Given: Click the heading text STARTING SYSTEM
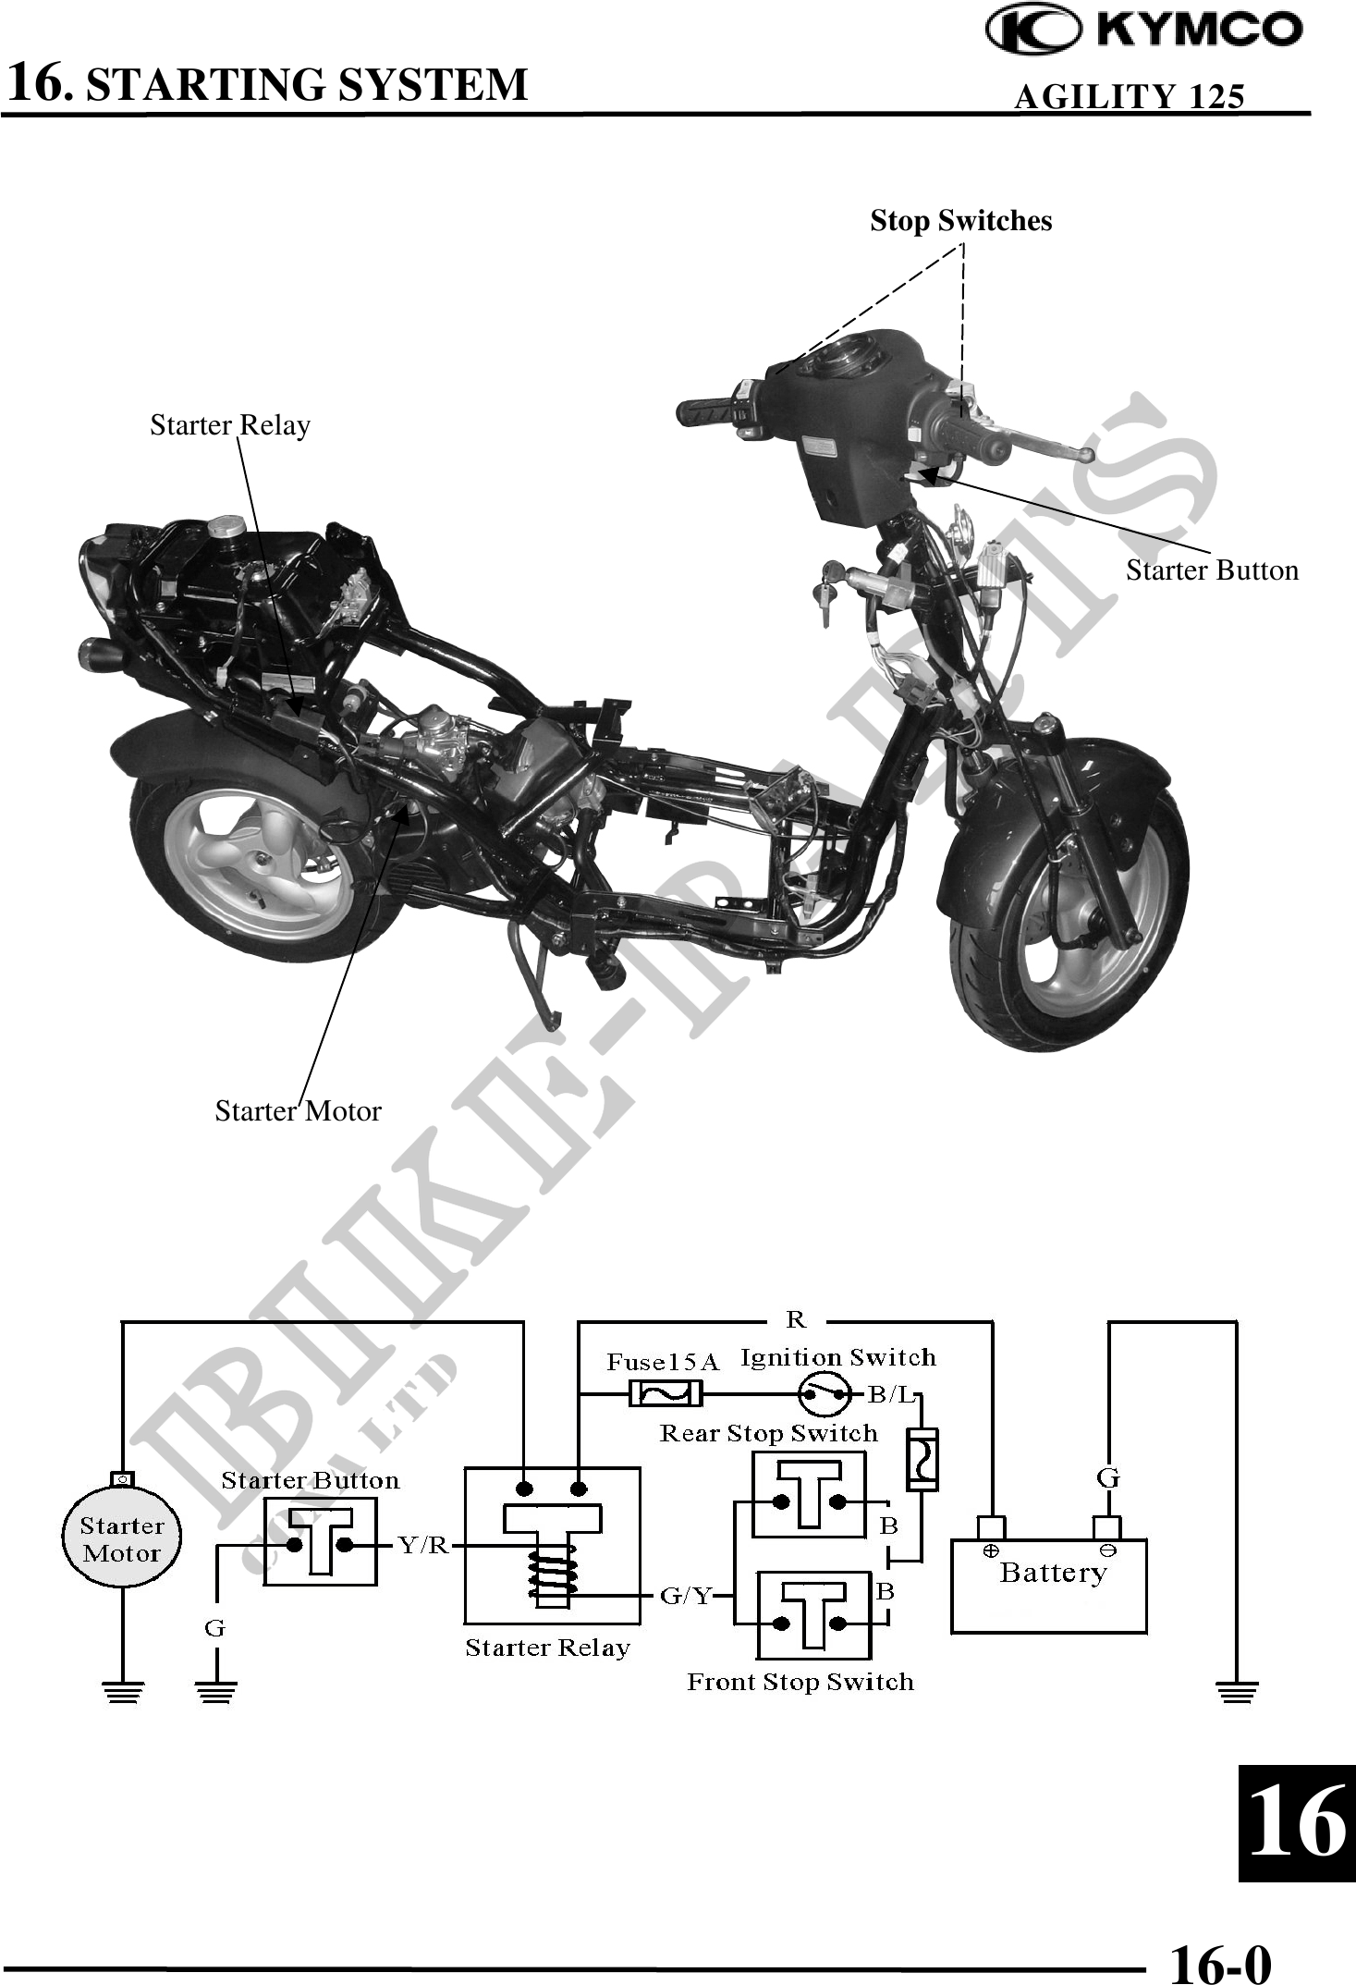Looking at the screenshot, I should [x=306, y=84].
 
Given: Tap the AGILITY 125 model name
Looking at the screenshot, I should [x=1129, y=96].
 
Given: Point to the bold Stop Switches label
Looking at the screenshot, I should [x=960, y=221].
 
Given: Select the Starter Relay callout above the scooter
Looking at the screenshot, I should [x=230, y=425].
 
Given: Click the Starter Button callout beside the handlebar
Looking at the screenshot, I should [x=1211, y=570].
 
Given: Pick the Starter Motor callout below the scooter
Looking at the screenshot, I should [x=298, y=1110].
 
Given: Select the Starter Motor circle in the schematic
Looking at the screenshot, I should [x=121, y=1539].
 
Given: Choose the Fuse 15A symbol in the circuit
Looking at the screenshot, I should [x=665, y=1392].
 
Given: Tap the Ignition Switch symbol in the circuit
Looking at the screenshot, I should [x=824, y=1393].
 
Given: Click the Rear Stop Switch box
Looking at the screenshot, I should [x=809, y=1494].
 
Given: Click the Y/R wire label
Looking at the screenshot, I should [x=422, y=1544].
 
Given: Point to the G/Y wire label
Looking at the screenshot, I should [x=686, y=1595].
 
